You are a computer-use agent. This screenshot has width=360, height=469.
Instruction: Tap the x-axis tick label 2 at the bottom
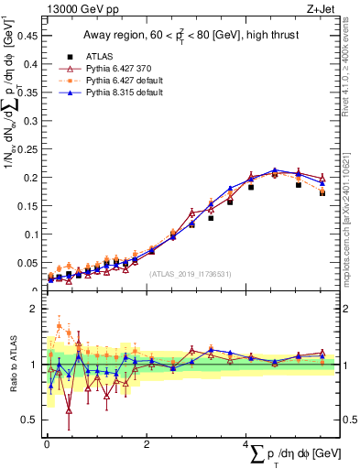coord(147,443)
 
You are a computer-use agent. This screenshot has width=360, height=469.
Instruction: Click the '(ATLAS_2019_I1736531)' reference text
coord(190,273)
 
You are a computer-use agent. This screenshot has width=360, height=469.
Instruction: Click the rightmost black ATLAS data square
coord(322,192)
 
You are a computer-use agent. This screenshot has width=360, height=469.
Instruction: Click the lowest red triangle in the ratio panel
coord(69,411)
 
